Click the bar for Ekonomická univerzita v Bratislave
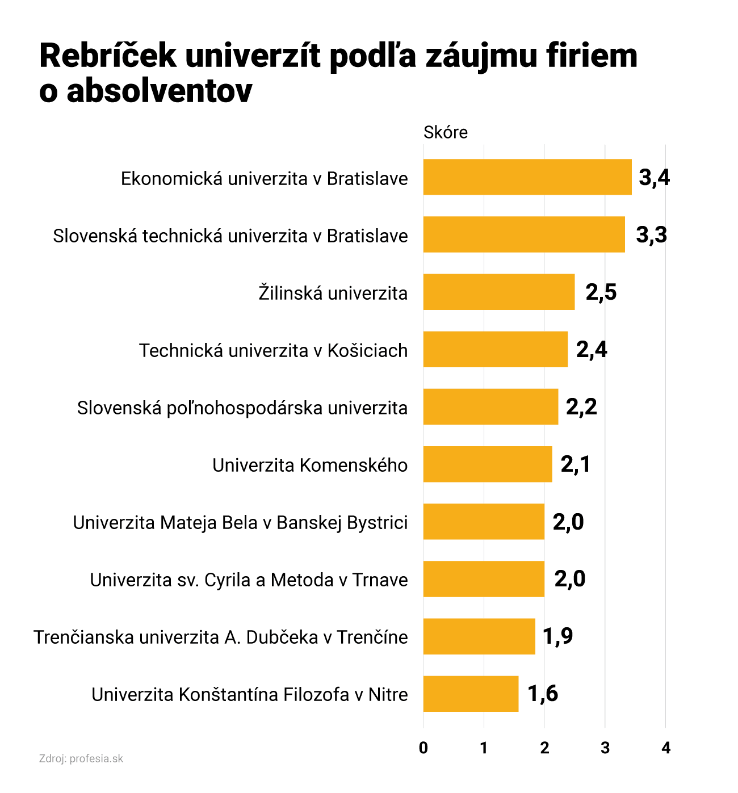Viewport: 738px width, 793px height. click(527, 177)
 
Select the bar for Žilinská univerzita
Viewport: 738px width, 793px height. click(499, 292)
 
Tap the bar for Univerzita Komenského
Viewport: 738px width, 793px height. click(488, 464)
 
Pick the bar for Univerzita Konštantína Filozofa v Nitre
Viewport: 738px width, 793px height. click(471, 694)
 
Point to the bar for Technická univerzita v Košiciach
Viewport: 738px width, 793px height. click(496, 349)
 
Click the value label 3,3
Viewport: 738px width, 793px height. click(651, 234)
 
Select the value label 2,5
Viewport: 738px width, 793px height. click(601, 292)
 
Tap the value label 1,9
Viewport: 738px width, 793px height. click(557, 636)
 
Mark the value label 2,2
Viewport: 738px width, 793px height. click(581, 406)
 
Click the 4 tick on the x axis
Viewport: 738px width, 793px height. click(666, 748)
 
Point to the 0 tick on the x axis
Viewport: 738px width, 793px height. click(423, 748)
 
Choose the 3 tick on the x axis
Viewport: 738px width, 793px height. click(605, 748)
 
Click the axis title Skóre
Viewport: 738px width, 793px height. click(446, 132)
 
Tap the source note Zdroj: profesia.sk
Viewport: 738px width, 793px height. click(81, 759)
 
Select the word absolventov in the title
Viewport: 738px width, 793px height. click(160, 91)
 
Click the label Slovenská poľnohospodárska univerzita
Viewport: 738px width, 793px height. click(242, 408)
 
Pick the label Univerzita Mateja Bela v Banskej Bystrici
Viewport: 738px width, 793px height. click(240, 522)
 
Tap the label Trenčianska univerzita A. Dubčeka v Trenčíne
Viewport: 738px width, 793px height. click(221, 637)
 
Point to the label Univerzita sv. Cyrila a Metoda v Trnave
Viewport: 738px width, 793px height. click(249, 580)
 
